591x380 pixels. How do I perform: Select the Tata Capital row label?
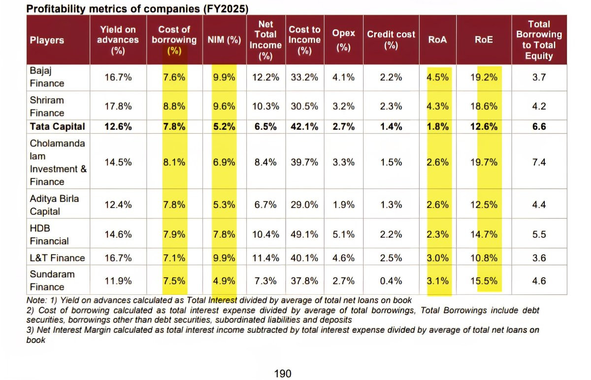[57, 127]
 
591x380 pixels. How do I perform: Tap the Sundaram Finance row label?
[47, 280]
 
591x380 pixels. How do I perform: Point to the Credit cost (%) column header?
[391, 40]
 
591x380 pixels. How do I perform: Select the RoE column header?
[484, 40]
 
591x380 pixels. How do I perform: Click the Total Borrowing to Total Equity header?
[539, 40]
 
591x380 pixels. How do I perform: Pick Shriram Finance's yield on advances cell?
[118, 106]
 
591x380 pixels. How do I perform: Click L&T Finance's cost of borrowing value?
[174, 258]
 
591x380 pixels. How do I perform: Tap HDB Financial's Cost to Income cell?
[304, 235]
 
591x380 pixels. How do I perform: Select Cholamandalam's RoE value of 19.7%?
[484, 162]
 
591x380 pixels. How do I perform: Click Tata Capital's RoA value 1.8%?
[437, 127]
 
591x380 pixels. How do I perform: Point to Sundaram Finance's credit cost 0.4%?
[391, 281]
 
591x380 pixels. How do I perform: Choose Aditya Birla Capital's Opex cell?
[343, 205]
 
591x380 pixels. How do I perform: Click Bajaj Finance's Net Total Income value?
[265, 77]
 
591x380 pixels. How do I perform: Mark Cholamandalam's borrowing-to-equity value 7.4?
[539, 162]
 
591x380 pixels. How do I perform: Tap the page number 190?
[282, 373]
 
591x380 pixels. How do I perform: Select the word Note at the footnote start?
[36, 300]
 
